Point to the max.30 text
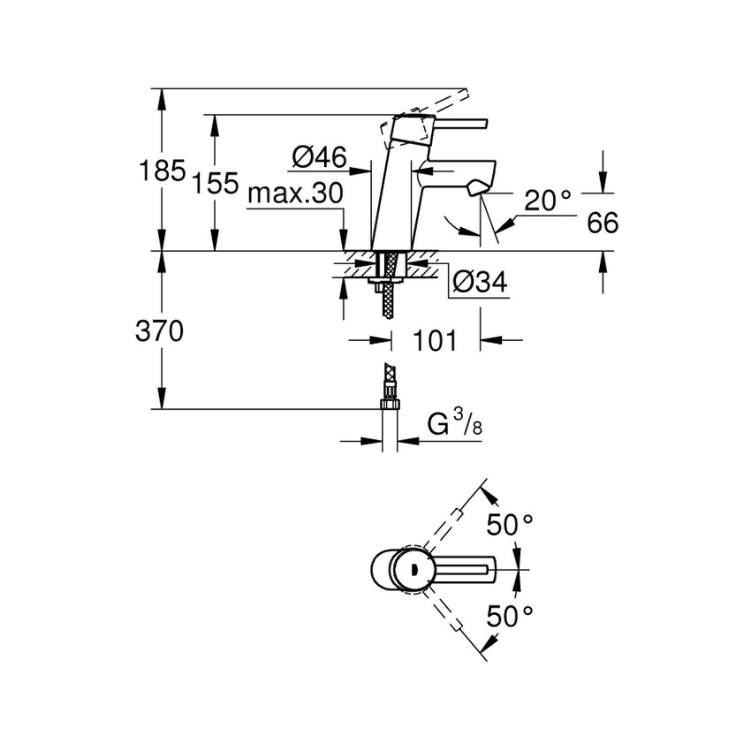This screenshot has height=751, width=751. (x=294, y=193)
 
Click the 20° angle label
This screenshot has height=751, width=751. (x=548, y=201)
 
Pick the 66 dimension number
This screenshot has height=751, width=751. (x=603, y=224)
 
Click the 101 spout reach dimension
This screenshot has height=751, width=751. (x=436, y=340)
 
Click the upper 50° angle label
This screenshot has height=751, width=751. (x=511, y=524)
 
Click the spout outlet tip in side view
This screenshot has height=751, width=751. (x=479, y=186)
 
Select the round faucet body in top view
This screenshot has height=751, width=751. (x=398, y=569)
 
